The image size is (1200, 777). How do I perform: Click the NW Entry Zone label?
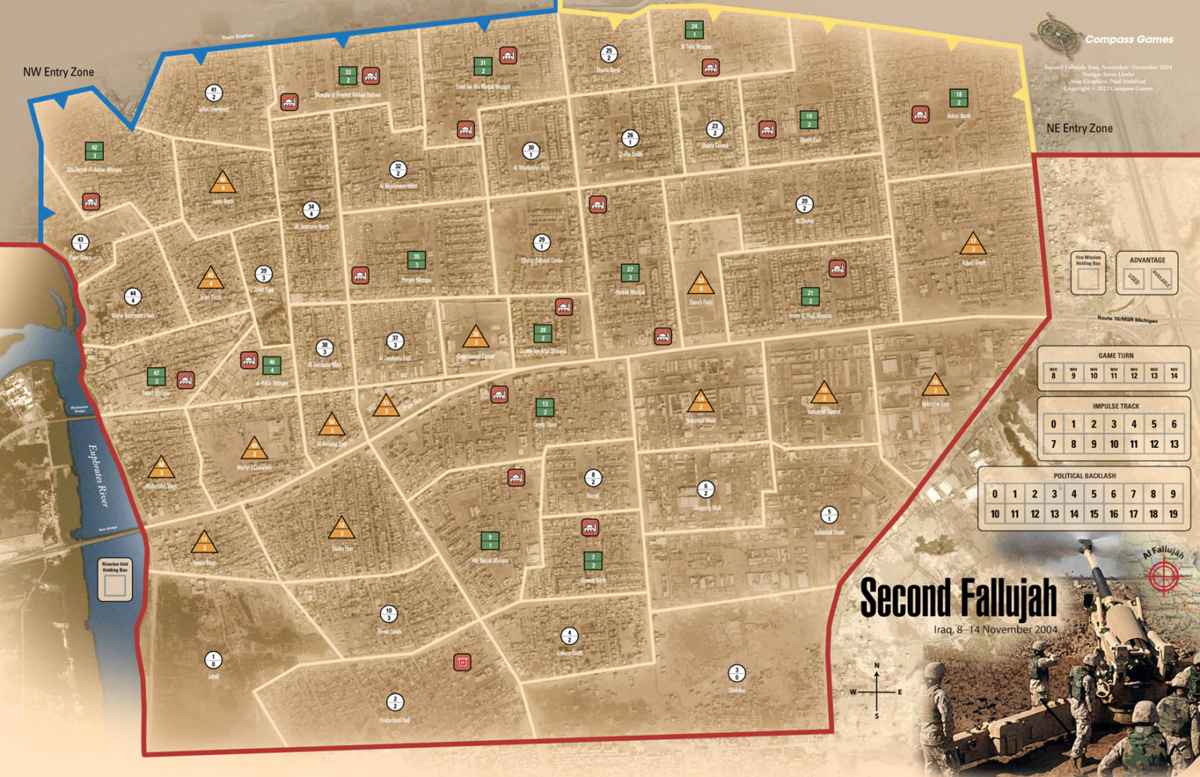pos(59,72)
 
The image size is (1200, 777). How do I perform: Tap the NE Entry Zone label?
pos(1079,128)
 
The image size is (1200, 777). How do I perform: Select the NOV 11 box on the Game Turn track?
pos(1113,374)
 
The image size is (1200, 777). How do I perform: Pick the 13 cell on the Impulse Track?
pos(1173,444)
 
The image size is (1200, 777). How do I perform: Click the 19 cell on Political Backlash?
pos(1173,514)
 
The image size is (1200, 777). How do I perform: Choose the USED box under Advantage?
pos(1134,279)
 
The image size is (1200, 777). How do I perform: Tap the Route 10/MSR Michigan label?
pos(1127,320)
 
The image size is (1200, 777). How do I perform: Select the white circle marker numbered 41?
pos(213,93)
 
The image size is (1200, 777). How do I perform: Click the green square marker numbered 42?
pos(95,151)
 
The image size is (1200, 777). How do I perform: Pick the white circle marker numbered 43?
pos(80,243)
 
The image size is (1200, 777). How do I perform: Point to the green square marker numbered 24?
pos(694,30)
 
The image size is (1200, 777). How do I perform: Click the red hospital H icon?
pos(462,663)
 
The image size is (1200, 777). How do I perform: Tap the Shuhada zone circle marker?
pos(736,673)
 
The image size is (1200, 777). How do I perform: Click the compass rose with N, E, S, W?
pos(877,691)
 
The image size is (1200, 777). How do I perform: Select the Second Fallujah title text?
pos(958,599)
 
